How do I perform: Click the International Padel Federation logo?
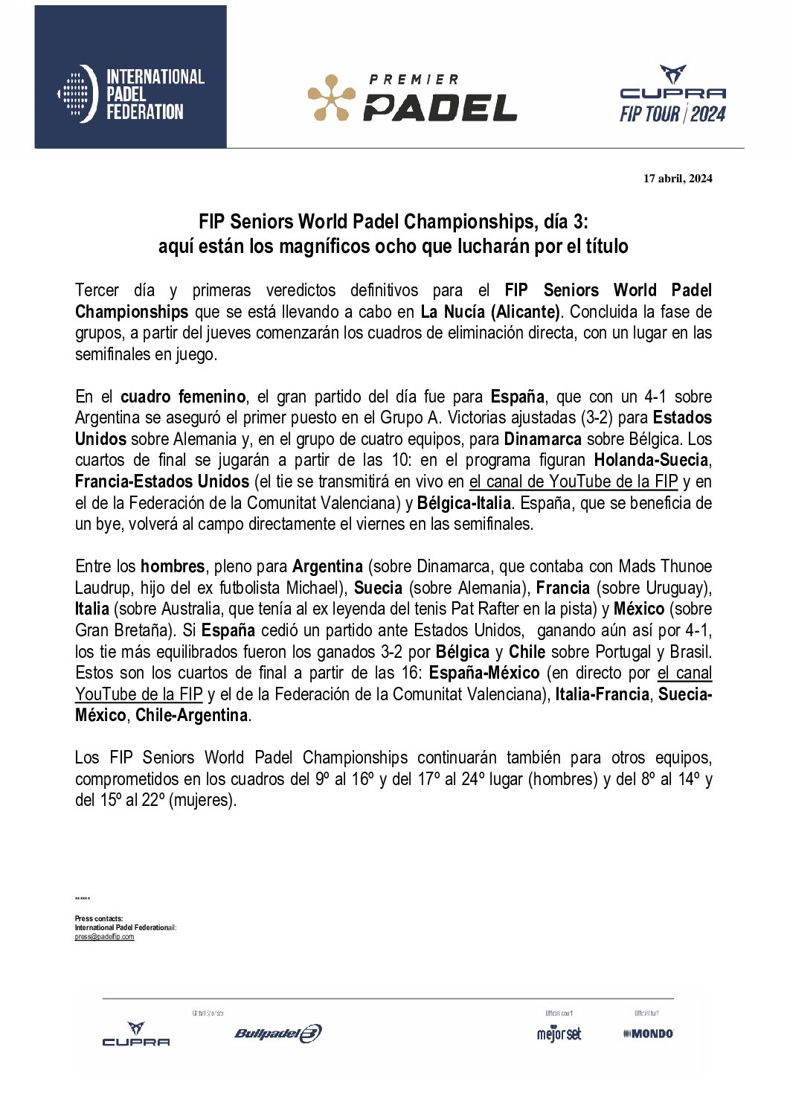pos(131,94)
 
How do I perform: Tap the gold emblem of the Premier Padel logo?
pos(331,97)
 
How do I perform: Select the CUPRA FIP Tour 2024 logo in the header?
pos(672,95)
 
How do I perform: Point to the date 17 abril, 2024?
pos(678,179)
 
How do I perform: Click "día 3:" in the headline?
pos(565,222)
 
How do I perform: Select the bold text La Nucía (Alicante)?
pos(490,312)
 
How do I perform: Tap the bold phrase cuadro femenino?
pos(183,397)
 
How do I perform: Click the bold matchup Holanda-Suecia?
pos(651,460)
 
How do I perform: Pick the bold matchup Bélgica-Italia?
pos(464,503)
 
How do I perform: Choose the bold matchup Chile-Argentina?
pos(191,715)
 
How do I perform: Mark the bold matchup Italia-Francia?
pos(602,694)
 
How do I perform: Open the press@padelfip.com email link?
pos(104,937)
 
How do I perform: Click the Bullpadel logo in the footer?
pos(278,1033)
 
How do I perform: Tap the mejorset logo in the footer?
pos(559,1034)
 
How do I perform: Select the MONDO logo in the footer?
pos(648,1034)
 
